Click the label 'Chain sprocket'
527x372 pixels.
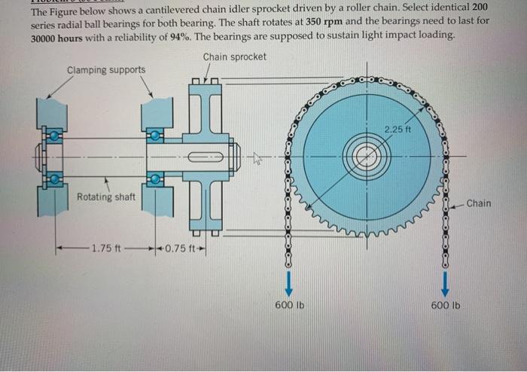click(234, 56)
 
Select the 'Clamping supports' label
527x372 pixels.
click(106, 70)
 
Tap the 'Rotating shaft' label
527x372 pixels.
click(106, 197)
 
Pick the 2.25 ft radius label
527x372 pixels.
click(398, 130)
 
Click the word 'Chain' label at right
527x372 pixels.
click(478, 203)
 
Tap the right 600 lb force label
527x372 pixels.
click(446, 305)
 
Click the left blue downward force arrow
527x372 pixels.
click(287, 282)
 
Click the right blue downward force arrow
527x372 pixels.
click(446, 282)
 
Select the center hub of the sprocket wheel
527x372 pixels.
click(367, 157)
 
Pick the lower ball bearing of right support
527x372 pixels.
click(155, 179)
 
